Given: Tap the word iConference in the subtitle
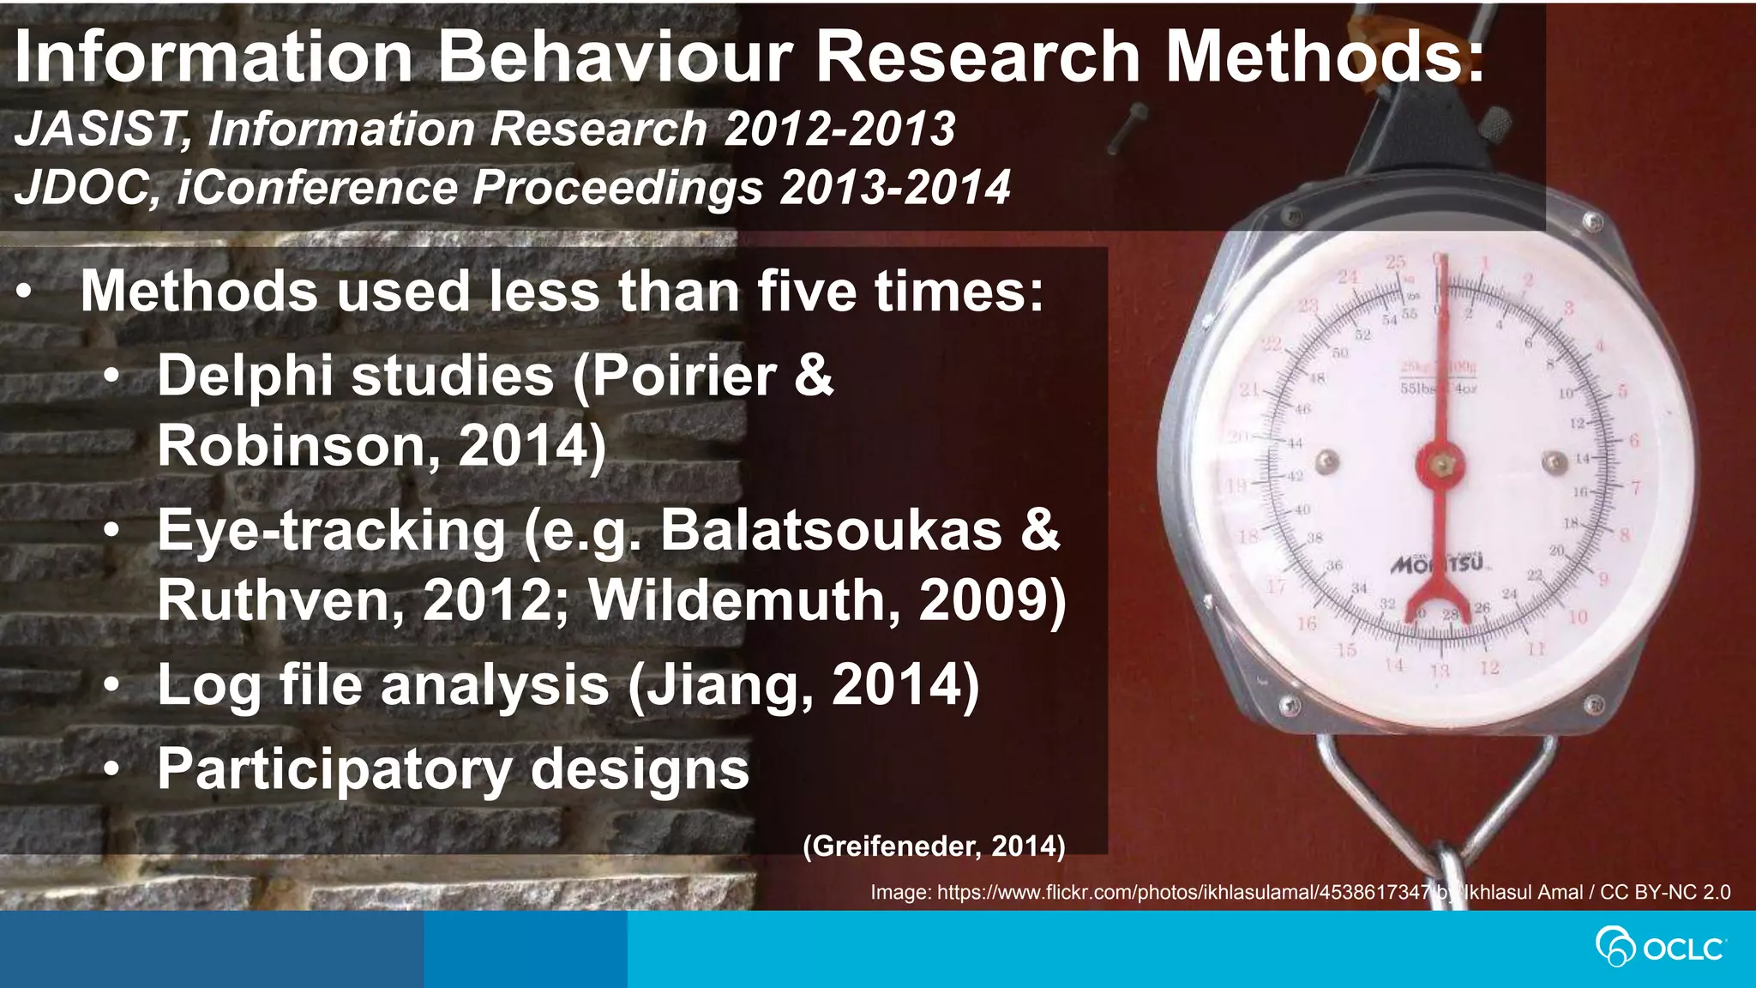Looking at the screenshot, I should [x=317, y=189].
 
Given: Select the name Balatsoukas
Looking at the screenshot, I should [x=831, y=530].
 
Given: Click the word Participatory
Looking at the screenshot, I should [x=334, y=769].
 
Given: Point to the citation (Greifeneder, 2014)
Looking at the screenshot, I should [x=934, y=846].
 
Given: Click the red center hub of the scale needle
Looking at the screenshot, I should [x=1440, y=464].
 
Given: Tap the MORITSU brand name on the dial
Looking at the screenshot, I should [x=1440, y=565].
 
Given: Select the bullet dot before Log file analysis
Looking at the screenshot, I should [x=111, y=685].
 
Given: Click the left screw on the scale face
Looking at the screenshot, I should [x=1327, y=461].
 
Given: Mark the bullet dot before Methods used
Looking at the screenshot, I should [x=26, y=292].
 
